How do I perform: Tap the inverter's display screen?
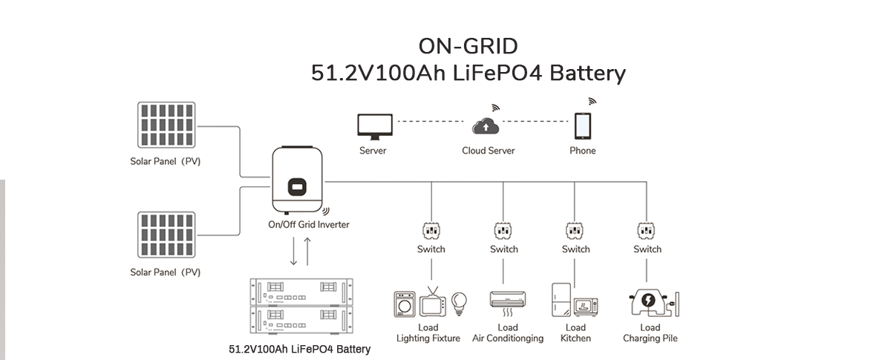tap(298, 186)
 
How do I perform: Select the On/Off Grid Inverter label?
tap(308, 224)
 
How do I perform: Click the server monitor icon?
tap(373, 126)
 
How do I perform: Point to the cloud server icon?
tap(486, 126)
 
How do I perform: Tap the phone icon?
tap(582, 125)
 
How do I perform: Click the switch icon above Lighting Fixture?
tap(431, 229)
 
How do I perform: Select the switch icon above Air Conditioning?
tap(503, 229)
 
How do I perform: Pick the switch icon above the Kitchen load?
tap(575, 229)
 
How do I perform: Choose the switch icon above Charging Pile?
tap(647, 229)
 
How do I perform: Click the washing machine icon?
tap(405, 304)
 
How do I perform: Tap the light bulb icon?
tap(460, 301)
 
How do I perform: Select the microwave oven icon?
tap(586, 307)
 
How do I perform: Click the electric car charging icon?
tap(648, 301)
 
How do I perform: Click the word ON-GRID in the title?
tap(468, 46)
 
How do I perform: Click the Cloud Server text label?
tap(488, 151)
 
